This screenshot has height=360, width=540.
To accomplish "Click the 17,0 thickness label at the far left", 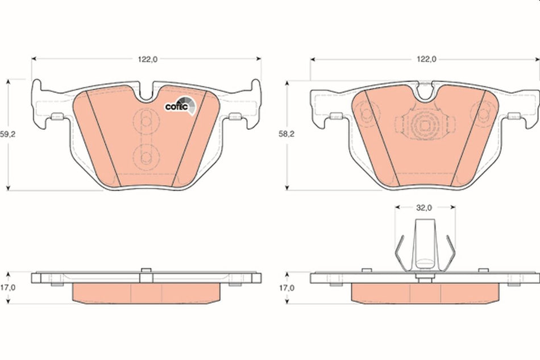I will point(7,288).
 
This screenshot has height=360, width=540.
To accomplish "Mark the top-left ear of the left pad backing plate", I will point(37,88).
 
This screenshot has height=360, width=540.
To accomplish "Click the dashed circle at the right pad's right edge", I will point(483,111).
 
